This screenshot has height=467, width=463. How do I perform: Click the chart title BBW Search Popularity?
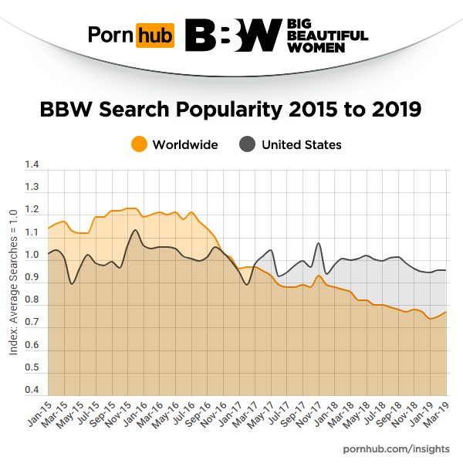[231, 109]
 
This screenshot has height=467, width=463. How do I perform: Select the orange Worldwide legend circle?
[139, 144]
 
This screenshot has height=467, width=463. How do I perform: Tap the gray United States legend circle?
[248, 144]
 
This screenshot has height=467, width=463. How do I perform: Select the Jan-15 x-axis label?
[38, 417]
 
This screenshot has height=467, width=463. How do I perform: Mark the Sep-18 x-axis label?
[389, 417]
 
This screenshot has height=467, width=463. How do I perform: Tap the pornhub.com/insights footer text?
[392, 448]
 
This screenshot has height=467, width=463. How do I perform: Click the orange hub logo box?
[154, 36]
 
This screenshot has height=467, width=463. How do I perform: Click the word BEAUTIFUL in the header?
[327, 36]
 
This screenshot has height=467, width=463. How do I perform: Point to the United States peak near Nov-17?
[319, 244]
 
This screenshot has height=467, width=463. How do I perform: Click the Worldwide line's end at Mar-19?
[446, 312]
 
